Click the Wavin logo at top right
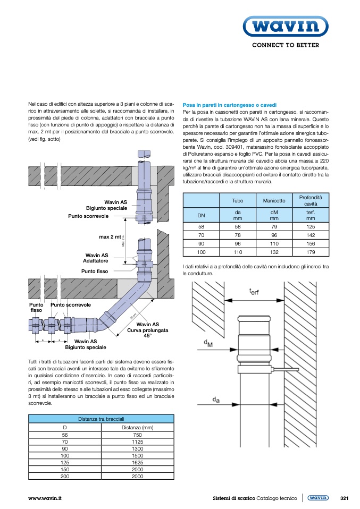pos(285,26)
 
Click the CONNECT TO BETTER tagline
pos(285,45)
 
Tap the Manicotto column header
pos(274,200)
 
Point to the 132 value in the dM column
pos(274,252)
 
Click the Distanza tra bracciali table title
pos(101,419)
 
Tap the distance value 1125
pos(137,442)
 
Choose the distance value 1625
pos(137,462)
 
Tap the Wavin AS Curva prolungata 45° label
pos(148,330)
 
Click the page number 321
pos(344,498)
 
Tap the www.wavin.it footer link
pos(45,498)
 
